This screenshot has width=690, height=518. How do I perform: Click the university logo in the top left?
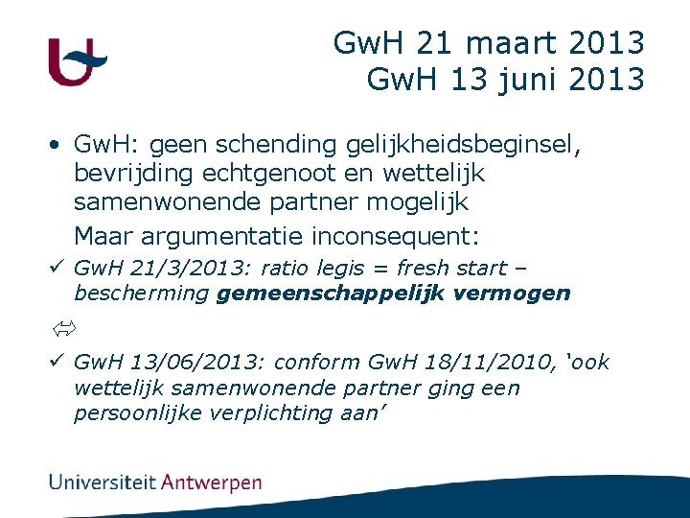pos(76,62)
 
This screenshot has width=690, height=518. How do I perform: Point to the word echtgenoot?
pos(275,174)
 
